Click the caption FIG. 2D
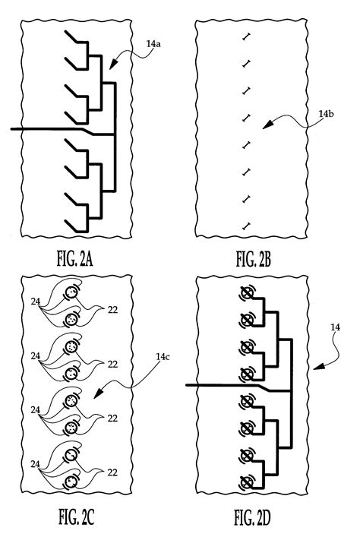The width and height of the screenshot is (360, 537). coord(253,520)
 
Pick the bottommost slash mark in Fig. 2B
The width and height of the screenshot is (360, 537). coord(245,225)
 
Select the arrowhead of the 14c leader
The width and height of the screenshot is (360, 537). coord(93,396)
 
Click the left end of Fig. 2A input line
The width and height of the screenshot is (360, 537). coord(11,130)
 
